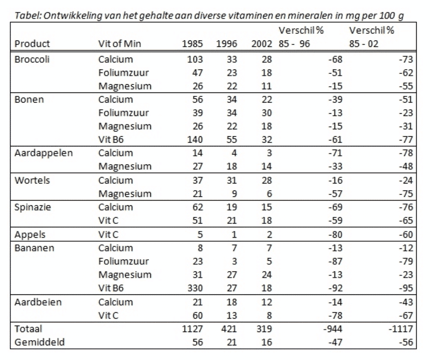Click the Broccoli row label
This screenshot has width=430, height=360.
(32, 59)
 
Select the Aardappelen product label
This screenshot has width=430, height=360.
(43, 153)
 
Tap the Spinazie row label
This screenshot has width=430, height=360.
(33, 207)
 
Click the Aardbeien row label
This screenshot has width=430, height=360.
(38, 302)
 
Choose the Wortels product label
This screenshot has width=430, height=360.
(32, 180)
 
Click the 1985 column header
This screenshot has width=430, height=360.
(193, 44)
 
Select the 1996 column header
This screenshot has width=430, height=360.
(227, 44)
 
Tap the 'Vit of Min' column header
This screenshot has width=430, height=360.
(120, 44)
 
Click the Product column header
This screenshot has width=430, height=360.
(32, 44)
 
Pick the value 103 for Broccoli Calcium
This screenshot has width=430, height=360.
(195, 59)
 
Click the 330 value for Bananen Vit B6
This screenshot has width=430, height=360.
(195, 288)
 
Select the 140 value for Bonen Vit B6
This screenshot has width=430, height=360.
(195, 140)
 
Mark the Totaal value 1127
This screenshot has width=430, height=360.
(193, 329)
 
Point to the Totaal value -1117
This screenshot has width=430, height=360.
(401, 329)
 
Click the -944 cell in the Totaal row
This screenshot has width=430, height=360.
(333, 329)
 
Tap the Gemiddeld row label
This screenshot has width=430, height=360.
(40, 342)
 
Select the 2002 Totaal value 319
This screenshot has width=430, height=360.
(264, 329)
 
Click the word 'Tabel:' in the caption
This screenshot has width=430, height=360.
(28, 16)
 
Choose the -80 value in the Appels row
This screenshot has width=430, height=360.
(335, 235)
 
